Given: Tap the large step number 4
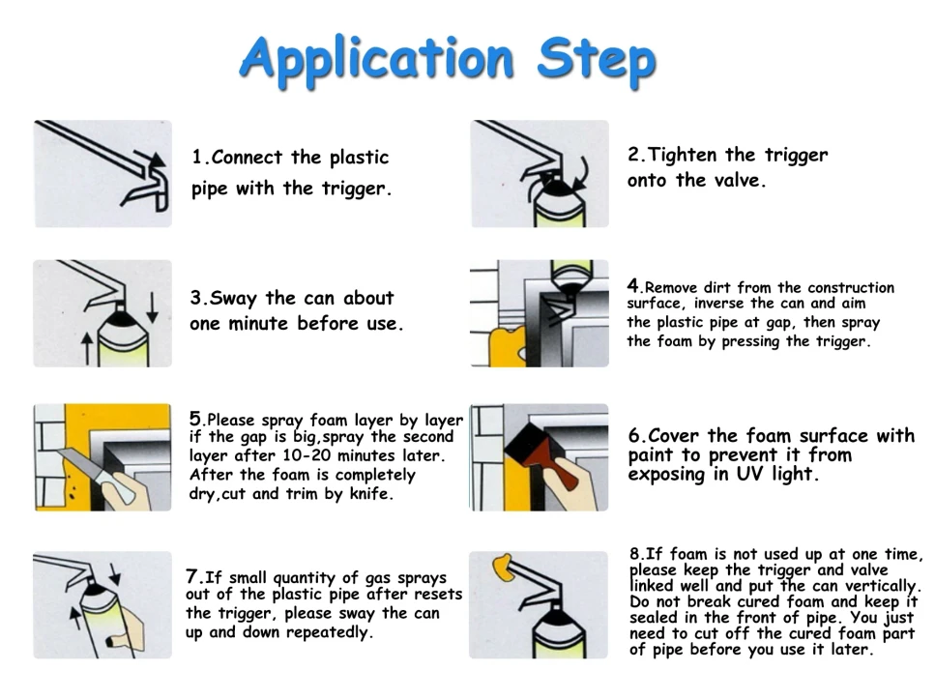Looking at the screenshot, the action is [x=633, y=286].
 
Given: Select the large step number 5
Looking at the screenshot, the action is [x=195, y=419].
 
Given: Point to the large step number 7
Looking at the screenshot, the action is [x=192, y=576].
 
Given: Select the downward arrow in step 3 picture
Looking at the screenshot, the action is [x=153, y=306].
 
